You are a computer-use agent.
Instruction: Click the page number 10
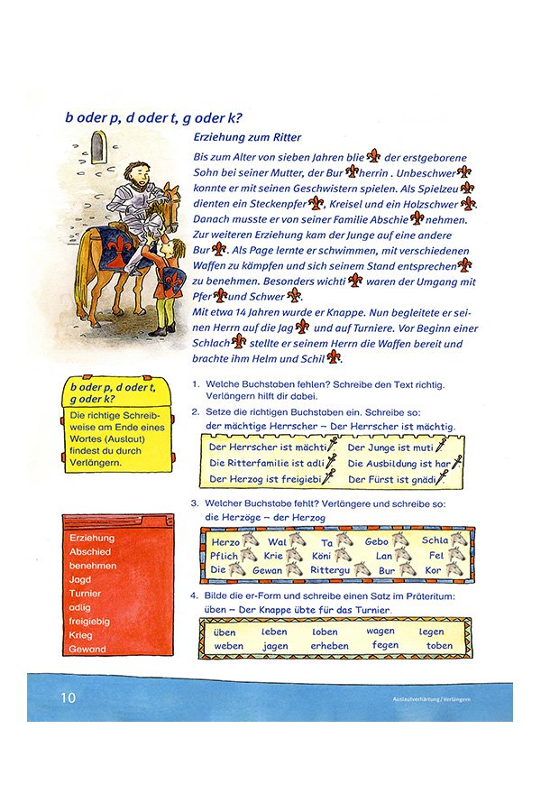(69, 697)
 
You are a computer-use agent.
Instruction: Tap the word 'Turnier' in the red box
(86, 594)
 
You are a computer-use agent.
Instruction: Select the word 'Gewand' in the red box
(87, 649)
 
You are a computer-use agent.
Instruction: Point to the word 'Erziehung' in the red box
(91, 539)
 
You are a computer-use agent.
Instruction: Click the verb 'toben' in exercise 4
(439, 646)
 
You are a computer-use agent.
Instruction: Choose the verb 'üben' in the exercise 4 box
(225, 632)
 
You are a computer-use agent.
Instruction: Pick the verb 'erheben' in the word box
(329, 646)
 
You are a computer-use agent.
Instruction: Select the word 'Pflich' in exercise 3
(228, 556)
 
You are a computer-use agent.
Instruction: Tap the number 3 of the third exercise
(194, 504)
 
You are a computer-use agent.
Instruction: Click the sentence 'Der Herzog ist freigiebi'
(265, 479)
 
